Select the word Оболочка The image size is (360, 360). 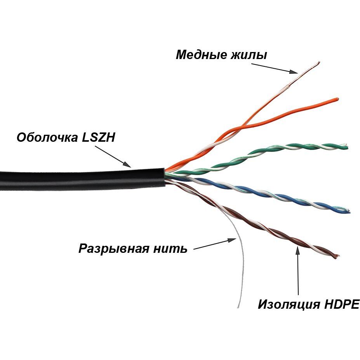point(46,137)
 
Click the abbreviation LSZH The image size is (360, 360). point(98,137)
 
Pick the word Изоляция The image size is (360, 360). point(288,304)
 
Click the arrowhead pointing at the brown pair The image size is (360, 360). point(298,249)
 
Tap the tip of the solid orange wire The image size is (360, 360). point(337,99)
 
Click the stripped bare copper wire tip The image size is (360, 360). point(318,63)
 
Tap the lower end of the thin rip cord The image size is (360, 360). point(238,308)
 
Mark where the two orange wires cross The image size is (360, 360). point(241,127)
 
